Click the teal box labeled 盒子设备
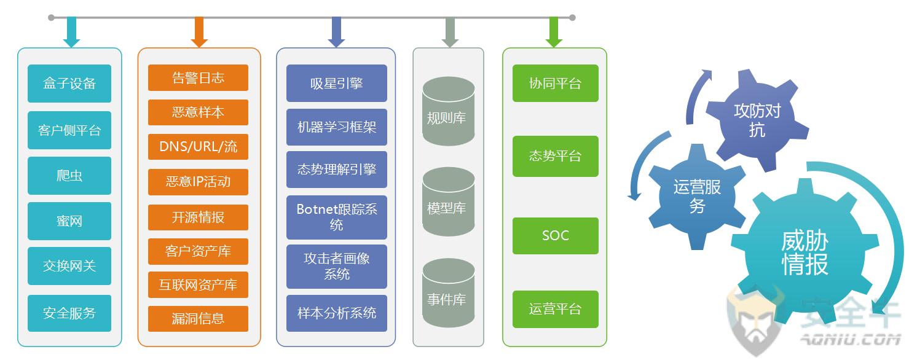click(69, 84)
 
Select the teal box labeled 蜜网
click(69, 221)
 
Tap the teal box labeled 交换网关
click(69, 266)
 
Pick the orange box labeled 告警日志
click(198, 78)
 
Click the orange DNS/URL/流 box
click(198, 147)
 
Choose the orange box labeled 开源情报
click(198, 217)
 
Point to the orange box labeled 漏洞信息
click(198, 319)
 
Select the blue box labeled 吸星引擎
click(337, 83)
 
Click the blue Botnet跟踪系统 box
click(337, 217)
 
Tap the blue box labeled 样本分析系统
click(337, 313)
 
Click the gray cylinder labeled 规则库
click(449, 111)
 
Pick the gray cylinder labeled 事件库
click(449, 292)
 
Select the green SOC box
click(556, 235)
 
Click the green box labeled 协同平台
click(556, 83)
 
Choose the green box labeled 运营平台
click(556, 309)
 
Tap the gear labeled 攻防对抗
click(757, 120)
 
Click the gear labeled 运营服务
click(697, 197)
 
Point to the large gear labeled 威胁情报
click(805, 252)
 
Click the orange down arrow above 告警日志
click(199, 32)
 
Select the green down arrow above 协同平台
click(554, 32)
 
